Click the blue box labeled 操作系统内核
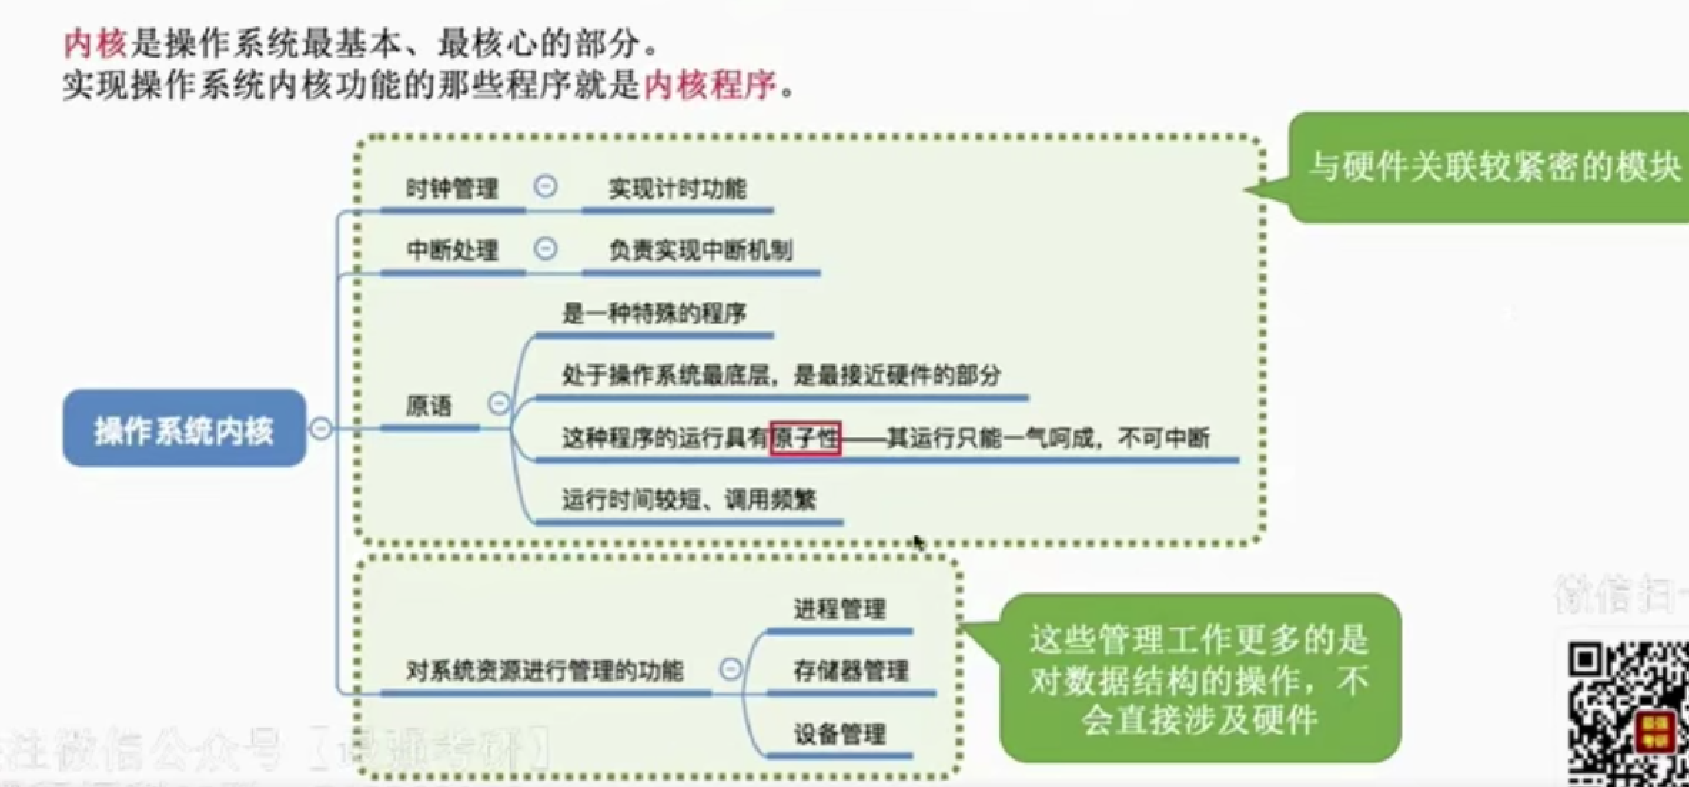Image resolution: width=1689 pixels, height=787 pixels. (x=184, y=429)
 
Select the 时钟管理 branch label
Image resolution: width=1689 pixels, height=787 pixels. (x=451, y=190)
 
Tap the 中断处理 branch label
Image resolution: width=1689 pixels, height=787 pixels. (x=451, y=251)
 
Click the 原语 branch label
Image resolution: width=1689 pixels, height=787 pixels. (x=429, y=406)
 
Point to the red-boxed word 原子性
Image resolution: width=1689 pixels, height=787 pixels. (x=805, y=438)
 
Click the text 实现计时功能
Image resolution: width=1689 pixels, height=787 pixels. (x=677, y=190)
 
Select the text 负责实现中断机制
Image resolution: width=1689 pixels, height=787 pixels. (x=700, y=251)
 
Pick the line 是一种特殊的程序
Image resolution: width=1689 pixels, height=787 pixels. (x=653, y=314)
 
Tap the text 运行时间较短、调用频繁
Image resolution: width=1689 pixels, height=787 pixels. (x=688, y=500)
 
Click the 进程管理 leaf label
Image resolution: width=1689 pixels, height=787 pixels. (x=840, y=609)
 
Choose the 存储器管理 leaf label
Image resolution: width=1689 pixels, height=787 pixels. (x=851, y=671)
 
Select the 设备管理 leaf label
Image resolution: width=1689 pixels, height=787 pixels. (x=840, y=734)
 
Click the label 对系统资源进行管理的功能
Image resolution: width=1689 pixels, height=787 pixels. (x=544, y=671)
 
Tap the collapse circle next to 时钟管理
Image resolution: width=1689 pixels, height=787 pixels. (x=546, y=187)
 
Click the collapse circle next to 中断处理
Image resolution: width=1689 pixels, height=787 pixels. (x=546, y=249)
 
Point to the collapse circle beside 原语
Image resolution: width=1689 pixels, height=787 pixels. (x=499, y=403)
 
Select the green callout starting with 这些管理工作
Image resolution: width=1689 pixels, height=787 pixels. (x=1200, y=679)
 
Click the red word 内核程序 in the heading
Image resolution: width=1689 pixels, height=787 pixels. (x=710, y=86)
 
